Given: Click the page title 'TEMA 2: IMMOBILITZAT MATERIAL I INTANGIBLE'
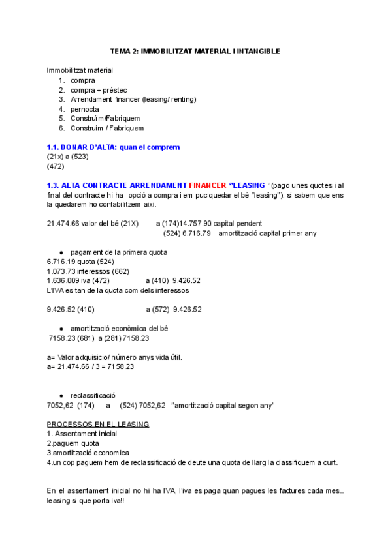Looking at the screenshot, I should pyautogui.click(x=195, y=51).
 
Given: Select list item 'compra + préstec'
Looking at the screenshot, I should pyautogui.click(x=99, y=90).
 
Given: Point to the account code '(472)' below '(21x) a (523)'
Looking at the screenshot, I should pyautogui.click(x=56, y=166).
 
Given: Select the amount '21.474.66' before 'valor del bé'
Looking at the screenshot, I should pyautogui.click(x=63, y=224).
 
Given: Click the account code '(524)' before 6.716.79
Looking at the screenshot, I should pyautogui.click(x=172, y=233).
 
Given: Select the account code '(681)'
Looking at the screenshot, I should pyautogui.click(x=86, y=338).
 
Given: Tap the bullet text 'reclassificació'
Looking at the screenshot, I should pyautogui.click(x=93, y=396).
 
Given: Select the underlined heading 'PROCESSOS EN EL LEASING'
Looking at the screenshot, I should pyautogui.click(x=98, y=425).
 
